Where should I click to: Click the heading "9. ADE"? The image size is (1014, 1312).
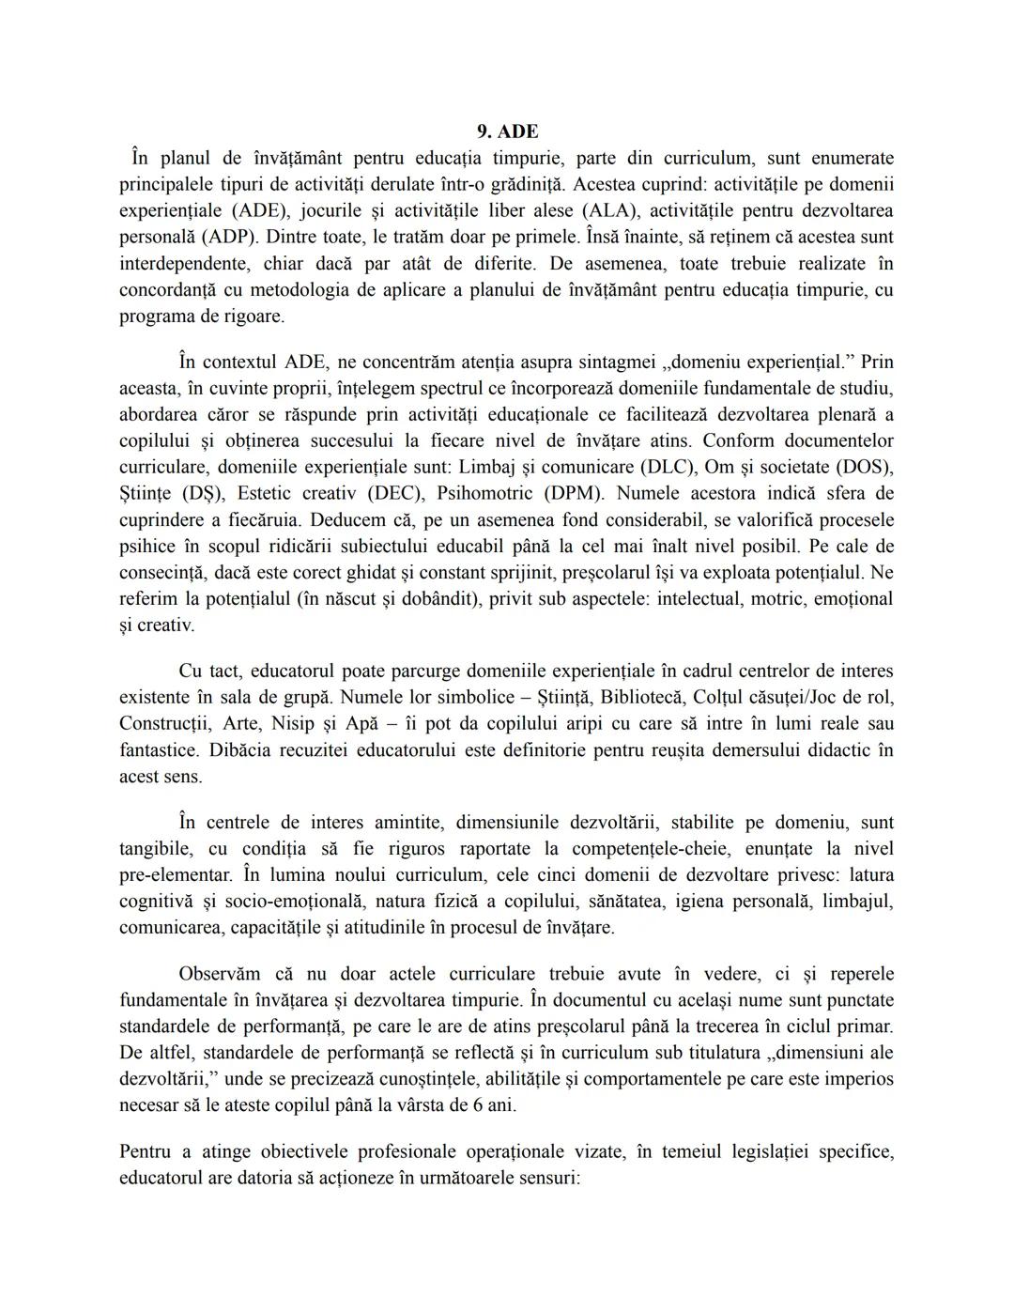pyautogui.click(x=507, y=131)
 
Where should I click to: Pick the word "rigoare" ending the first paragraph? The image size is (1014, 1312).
pyautogui.click(x=251, y=316)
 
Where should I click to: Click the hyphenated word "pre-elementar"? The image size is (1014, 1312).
pyautogui.click(x=175, y=875)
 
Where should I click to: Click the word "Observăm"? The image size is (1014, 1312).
pyautogui.click(x=220, y=974)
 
